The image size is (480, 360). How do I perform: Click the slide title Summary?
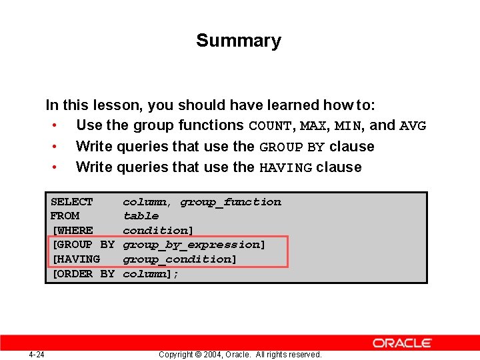point(239,41)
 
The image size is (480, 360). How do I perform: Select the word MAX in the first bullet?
point(312,126)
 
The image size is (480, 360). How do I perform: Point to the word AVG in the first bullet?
point(413,126)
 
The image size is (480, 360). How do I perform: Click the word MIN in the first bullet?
point(348,126)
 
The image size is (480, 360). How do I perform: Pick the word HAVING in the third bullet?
point(285,167)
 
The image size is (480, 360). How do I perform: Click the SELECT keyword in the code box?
point(71,202)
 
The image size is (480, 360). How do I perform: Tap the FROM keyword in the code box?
point(65,216)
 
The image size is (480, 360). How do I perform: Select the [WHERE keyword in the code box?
point(72,231)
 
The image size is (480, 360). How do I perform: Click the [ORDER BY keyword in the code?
point(83,274)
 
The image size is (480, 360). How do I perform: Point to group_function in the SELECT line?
point(231,202)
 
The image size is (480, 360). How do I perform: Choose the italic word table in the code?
point(141,216)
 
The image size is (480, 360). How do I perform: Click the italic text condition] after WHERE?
point(158,231)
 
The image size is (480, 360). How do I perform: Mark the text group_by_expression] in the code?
point(194,245)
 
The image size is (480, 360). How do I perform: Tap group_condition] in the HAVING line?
point(180,259)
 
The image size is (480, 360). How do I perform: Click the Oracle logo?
point(402,343)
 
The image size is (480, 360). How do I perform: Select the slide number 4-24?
point(37,355)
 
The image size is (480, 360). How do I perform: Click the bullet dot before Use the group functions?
point(53,126)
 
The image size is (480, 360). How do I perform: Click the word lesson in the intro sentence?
point(119,105)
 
